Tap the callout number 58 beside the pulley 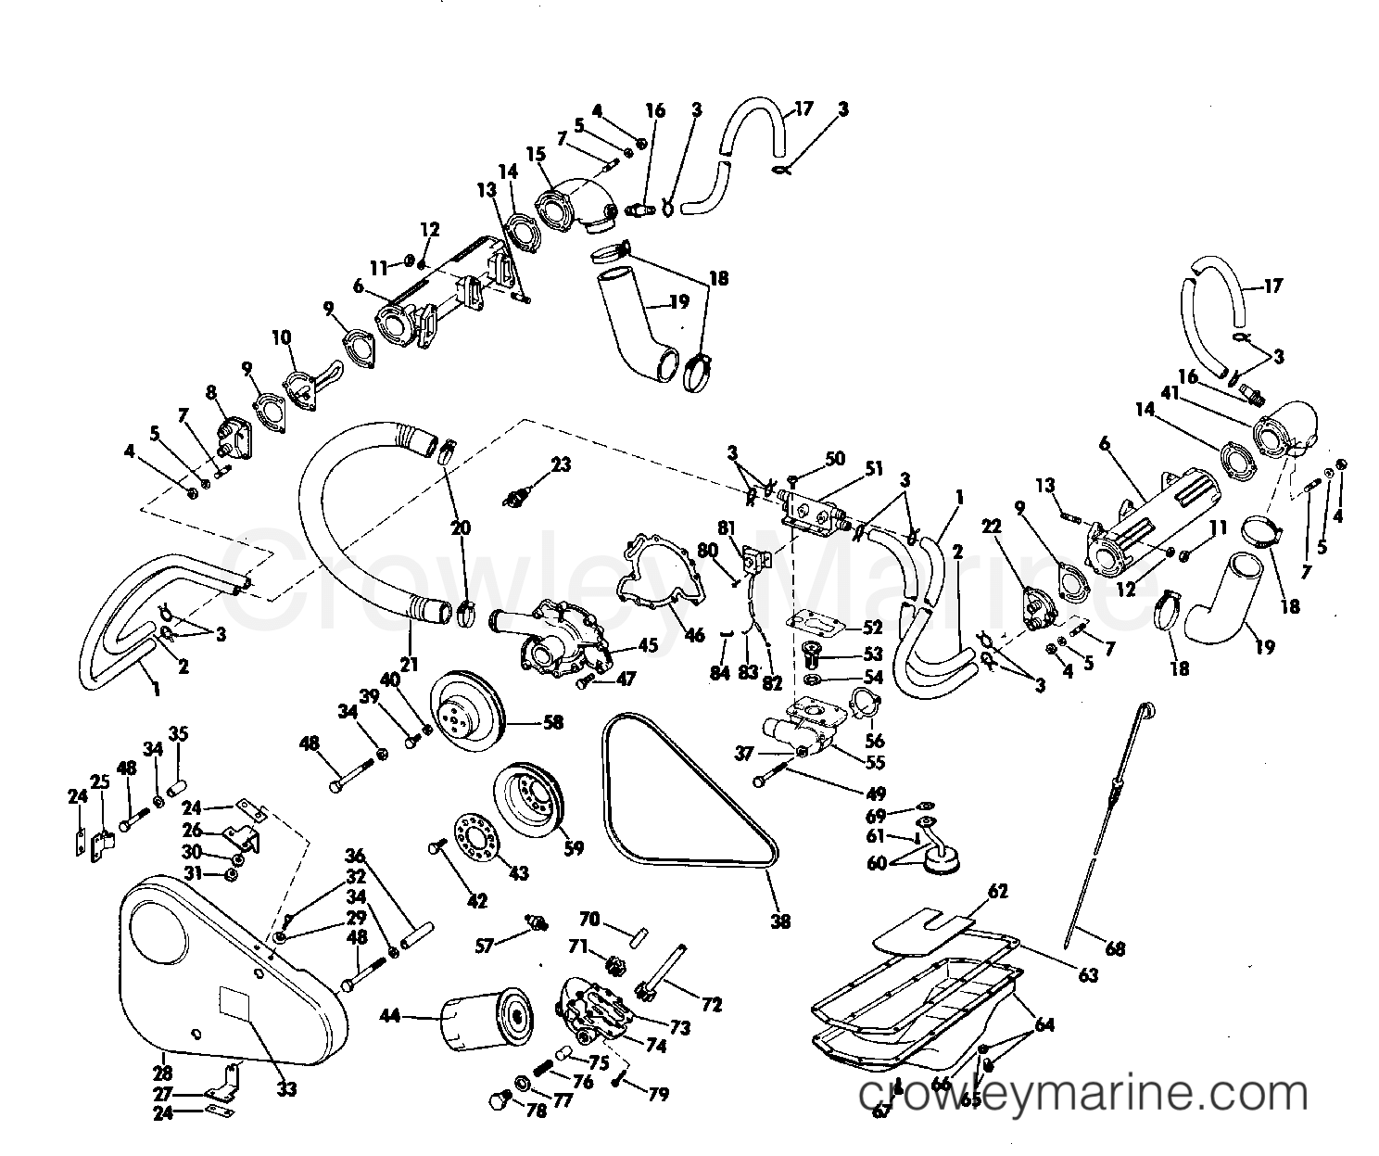point(553,722)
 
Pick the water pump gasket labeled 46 point(656,575)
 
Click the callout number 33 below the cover point(286,1089)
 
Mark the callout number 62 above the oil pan point(998,893)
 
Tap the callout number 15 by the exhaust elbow point(537,154)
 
